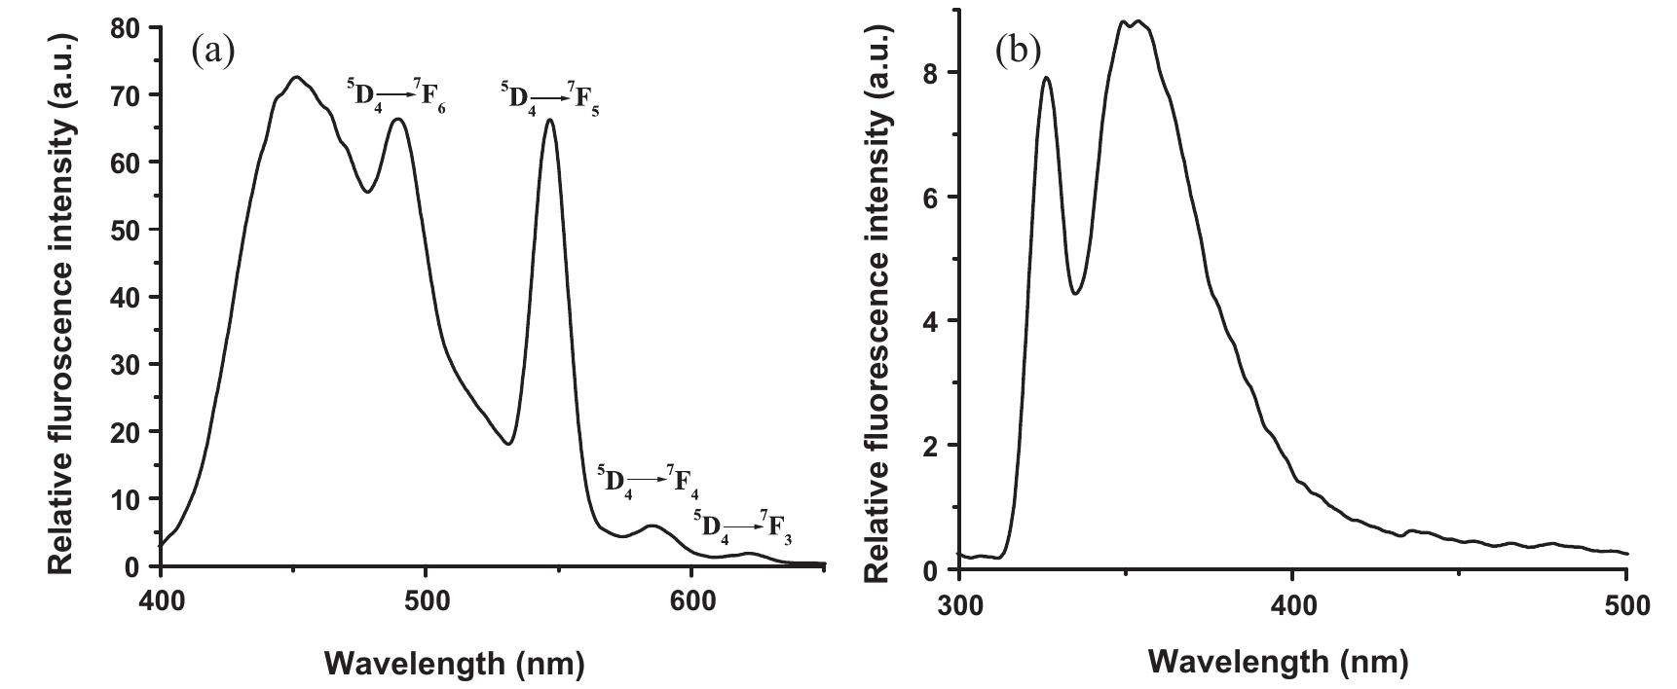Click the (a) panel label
pyautogui.click(x=213, y=50)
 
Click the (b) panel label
pyautogui.click(x=1019, y=50)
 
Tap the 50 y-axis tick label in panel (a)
pyautogui.click(x=127, y=230)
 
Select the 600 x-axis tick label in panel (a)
pyautogui.click(x=691, y=600)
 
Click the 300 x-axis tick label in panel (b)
pyautogui.click(x=959, y=605)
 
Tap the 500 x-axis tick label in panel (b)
pyautogui.click(x=1626, y=605)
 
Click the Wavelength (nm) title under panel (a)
pyautogui.click(x=454, y=664)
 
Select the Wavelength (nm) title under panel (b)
pyautogui.click(x=1278, y=662)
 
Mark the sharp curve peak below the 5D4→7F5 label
pyautogui.click(x=550, y=121)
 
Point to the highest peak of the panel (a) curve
pyautogui.click(x=297, y=77)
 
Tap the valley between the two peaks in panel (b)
pyautogui.click(x=1075, y=293)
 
